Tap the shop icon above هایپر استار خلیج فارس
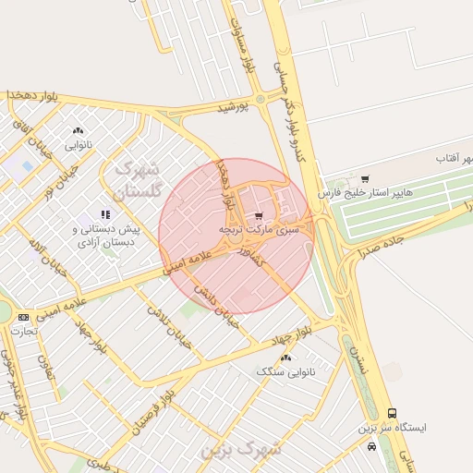[365, 179]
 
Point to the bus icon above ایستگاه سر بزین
[393, 413]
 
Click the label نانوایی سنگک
[285, 370]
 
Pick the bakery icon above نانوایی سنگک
[285, 357]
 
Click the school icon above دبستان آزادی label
[107, 215]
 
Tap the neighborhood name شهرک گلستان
[136, 181]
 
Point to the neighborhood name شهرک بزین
[244, 450]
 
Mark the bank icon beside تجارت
[22, 317]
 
